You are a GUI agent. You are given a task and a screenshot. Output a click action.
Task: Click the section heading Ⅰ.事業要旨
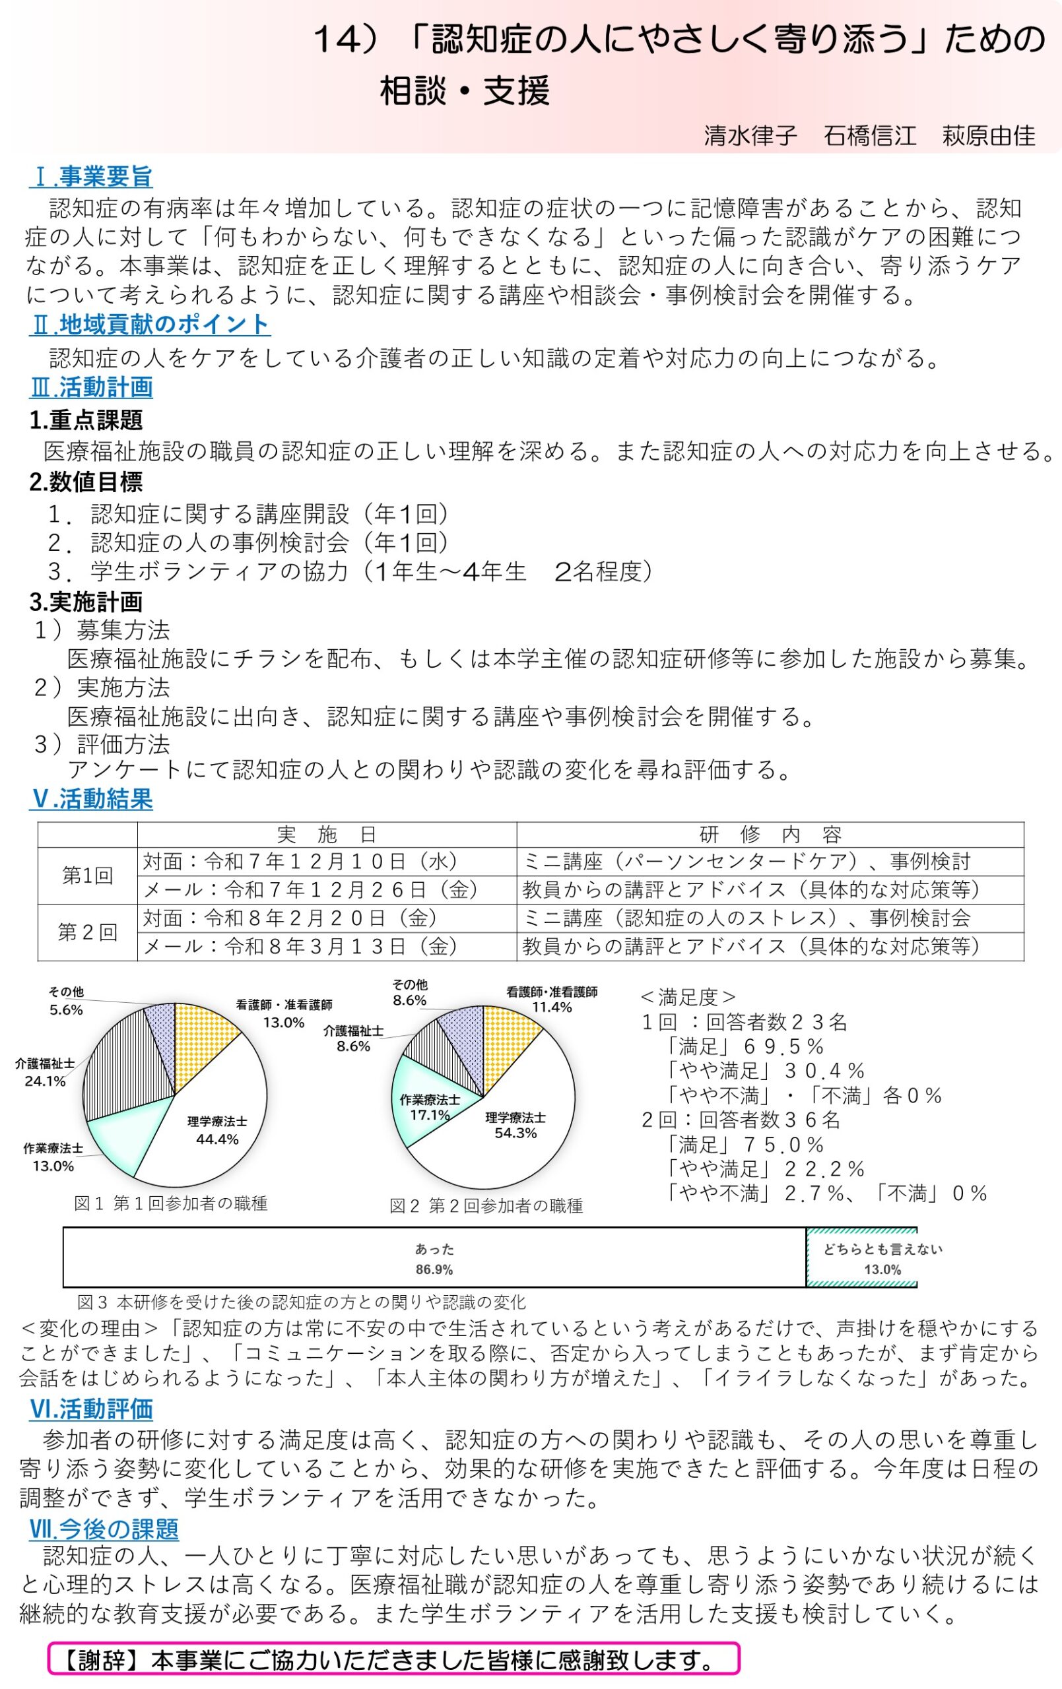click(90, 177)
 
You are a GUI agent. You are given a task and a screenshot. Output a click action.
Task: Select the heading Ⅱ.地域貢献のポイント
click(150, 324)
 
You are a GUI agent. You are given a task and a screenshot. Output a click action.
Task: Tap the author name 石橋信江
click(870, 135)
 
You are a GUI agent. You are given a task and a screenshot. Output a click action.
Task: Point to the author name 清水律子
click(750, 135)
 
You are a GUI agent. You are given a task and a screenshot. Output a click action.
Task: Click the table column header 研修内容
click(770, 834)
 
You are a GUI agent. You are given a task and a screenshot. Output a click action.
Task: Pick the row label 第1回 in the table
click(87, 876)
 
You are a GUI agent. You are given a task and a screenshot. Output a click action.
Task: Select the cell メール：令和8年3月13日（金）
click(300, 946)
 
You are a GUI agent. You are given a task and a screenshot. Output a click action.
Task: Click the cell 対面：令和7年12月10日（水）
click(300, 862)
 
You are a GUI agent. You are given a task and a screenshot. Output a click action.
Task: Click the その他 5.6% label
click(66, 1001)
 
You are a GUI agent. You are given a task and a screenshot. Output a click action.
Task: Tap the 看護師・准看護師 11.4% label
click(552, 1000)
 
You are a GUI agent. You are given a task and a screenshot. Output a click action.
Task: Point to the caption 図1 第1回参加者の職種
click(170, 1203)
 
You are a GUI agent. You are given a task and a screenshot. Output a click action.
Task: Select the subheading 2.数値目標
click(86, 482)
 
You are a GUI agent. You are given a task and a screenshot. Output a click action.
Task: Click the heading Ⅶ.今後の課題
click(103, 1529)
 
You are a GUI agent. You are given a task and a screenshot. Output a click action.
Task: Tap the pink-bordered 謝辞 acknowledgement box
click(393, 1659)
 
